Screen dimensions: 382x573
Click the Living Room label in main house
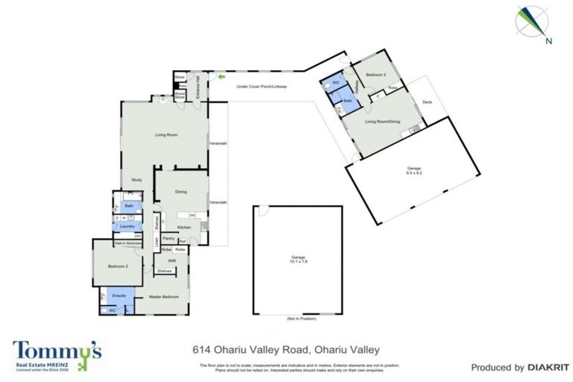[x=165, y=135]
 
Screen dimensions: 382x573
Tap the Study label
[x=137, y=180]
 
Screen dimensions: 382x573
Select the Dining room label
[x=181, y=192]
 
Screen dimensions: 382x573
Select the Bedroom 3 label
[x=375, y=75]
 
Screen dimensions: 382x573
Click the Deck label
[x=427, y=101]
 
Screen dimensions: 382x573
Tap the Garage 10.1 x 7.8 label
[x=297, y=260]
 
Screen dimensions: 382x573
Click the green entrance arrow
[x=221, y=76]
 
